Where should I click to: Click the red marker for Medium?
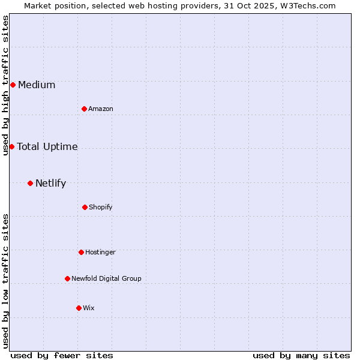coord(13,85)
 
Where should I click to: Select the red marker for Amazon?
coord(84,109)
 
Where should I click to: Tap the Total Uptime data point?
coord(11,146)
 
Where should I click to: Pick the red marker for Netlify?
coord(30,183)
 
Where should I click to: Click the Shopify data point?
coord(85,207)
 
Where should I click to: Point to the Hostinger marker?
coord(81,252)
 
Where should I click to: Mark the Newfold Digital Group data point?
coord(67,278)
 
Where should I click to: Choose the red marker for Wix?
coord(79,308)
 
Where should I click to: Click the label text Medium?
coord(37,85)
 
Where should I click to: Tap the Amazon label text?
coord(101,109)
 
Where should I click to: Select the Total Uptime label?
coord(47,146)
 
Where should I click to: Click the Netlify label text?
coord(50,183)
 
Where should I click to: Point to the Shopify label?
coord(101,207)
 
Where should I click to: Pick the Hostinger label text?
coord(100,252)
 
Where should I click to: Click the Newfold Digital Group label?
coord(106,278)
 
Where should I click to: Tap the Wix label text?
coord(89,308)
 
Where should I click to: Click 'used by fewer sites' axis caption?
coord(62,355)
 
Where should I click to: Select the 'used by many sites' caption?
coord(301,355)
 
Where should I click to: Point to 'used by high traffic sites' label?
coord(5,85)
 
